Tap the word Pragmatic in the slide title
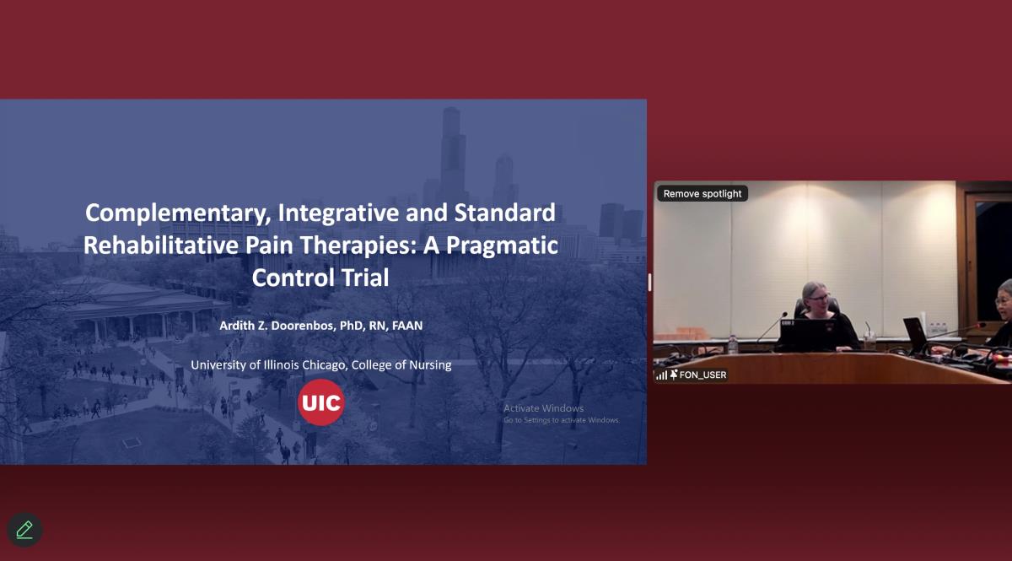[x=502, y=246]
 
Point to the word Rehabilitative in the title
[x=161, y=245]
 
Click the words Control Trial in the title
[x=320, y=278]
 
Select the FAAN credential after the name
[x=407, y=326]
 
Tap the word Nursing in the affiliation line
[x=429, y=365]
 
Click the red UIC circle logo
[x=320, y=402]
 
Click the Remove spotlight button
[x=702, y=193]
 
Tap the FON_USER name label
[x=702, y=375]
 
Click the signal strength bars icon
[x=661, y=375]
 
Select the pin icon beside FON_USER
[x=674, y=375]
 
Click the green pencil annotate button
[x=24, y=529]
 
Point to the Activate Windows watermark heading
[x=543, y=408]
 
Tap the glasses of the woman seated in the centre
[x=819, y=298]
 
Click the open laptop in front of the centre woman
[x=807, y=335]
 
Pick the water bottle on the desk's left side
[x=732, y=344]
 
